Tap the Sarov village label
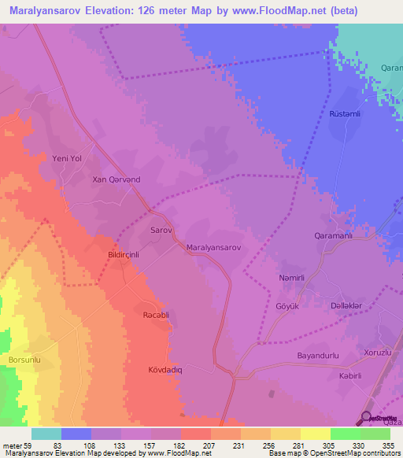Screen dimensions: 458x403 point(161,231)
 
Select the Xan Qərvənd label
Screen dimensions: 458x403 point(116,179)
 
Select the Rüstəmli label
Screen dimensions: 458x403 point(345,113)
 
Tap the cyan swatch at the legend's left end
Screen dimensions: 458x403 point(46,434)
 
